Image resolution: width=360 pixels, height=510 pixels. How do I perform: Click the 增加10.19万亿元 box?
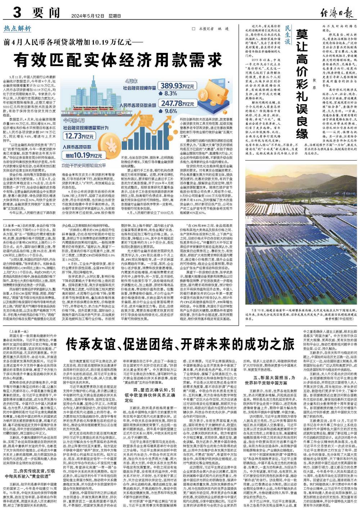[x=81, y=155]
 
